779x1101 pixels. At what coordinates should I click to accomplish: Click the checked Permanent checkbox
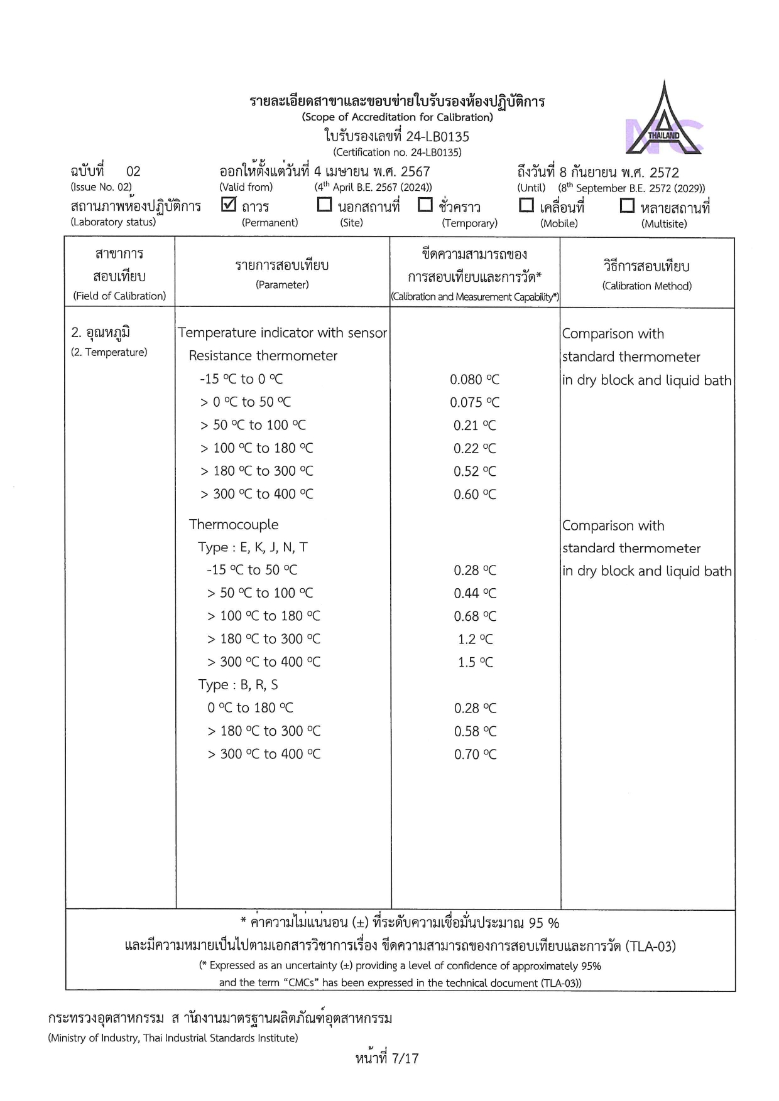point(229,205)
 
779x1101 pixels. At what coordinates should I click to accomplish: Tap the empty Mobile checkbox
point(526,205)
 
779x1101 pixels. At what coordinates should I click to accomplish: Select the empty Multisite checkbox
point(627,205)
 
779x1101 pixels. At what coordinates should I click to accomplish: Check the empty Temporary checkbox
point(425,205)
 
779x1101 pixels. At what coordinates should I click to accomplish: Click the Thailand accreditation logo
point(663,120)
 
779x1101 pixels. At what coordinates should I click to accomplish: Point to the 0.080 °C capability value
point(474,380)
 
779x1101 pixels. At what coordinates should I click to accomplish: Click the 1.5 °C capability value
point(475,662)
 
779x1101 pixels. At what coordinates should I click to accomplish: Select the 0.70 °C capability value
point(475,755)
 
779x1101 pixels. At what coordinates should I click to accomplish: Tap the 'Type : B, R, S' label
point(238,685)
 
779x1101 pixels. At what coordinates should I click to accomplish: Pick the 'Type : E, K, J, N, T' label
point(253,547)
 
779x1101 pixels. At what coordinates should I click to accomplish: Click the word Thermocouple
point(234,525)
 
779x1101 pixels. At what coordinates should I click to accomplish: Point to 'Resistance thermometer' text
point(263,356)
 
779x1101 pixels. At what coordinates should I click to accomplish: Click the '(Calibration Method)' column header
point(647,286)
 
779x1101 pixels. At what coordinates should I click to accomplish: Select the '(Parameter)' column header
point(282,285)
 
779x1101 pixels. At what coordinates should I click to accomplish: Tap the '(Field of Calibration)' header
point(119,296)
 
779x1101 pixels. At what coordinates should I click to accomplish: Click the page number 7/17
point(387,1058)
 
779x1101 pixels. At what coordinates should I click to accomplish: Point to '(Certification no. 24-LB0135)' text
point(397,152)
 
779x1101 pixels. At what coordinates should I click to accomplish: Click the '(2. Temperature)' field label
point(109,352)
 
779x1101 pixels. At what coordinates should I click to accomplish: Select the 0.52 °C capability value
point(474,471)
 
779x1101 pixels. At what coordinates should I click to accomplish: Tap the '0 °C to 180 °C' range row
point(250,708)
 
